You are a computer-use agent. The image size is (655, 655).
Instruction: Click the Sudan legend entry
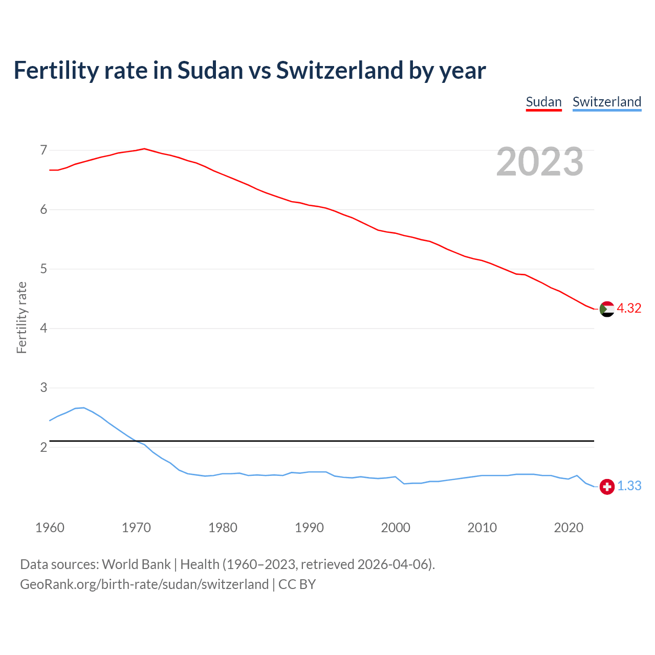click(x=543, y=102)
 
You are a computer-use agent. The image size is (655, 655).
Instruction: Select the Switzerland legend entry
click(x=606, y=102)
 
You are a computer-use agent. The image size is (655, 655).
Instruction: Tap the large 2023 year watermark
click(x=540, y=162)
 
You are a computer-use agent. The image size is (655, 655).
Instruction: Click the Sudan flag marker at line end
click(x=607, y=309)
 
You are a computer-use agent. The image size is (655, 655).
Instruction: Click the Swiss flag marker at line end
click(x=607, y=487)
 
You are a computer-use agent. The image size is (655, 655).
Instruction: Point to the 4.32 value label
click(x=629, y=308)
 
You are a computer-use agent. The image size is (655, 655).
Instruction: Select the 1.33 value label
click(x=629, y=486)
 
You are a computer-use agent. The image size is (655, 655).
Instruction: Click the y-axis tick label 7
click(x=43, y=150)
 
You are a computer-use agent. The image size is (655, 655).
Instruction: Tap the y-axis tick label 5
click(x=43, y=269)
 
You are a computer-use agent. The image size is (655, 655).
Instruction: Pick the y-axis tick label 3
click(x=43, y=387)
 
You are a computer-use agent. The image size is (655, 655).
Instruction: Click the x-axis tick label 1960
click(x=50, y=528)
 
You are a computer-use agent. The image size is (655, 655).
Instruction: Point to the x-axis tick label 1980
click(x=223, y=528)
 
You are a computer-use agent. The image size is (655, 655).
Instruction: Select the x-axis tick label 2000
click(x=396, y=528)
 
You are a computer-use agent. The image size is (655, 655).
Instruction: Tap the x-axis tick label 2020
click(x=569, y=528)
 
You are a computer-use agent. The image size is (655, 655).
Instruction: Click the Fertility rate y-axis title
click(x=21, y=317)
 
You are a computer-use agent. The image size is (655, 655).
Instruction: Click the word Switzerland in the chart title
click(x=339, y=70)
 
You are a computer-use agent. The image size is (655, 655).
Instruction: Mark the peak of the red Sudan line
click(x=144, y=148)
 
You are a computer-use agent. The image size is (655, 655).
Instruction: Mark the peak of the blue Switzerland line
click(x=84, y=407)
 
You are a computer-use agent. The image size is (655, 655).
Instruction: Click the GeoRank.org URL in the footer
click(x=144, y=584)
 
